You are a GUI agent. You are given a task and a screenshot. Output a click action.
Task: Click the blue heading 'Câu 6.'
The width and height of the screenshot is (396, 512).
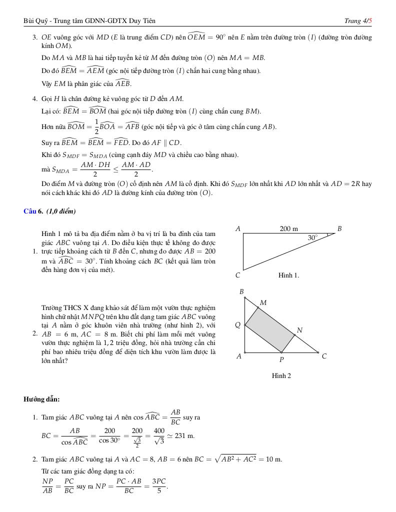coord(33,211)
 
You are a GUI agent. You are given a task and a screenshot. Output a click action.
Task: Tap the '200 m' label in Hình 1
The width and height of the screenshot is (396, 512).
coord(288,228)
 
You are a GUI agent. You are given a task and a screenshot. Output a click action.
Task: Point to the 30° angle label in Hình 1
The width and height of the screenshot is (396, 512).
coord(312,238)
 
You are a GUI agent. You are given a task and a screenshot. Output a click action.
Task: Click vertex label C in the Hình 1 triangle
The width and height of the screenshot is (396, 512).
coord(237,275)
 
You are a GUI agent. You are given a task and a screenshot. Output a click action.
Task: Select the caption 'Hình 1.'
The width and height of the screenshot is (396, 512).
coord(288,275)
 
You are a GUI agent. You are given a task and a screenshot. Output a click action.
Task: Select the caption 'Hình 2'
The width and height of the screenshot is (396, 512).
coord(281,375)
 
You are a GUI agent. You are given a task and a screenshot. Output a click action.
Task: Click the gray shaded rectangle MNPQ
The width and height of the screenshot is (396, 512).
coord(270,330)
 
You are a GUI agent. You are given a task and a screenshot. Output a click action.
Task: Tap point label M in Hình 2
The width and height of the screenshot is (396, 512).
coord(263,302)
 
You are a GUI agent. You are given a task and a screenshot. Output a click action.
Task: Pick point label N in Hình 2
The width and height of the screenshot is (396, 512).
coord(299,330)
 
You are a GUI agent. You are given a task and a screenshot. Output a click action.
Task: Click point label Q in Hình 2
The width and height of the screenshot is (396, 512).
coord(238,325)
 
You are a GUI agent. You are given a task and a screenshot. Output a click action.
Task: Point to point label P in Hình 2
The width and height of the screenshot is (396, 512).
coord(281,359)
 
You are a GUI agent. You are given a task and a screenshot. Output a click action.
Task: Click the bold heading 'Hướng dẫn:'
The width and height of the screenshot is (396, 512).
coord(41,399)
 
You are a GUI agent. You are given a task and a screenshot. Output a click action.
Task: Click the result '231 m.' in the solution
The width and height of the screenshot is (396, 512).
coord(184,435)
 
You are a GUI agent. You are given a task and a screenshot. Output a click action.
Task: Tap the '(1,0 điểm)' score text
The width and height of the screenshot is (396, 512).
coord(61,211)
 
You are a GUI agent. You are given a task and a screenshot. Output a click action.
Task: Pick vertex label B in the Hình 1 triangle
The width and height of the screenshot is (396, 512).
coord(339,228)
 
